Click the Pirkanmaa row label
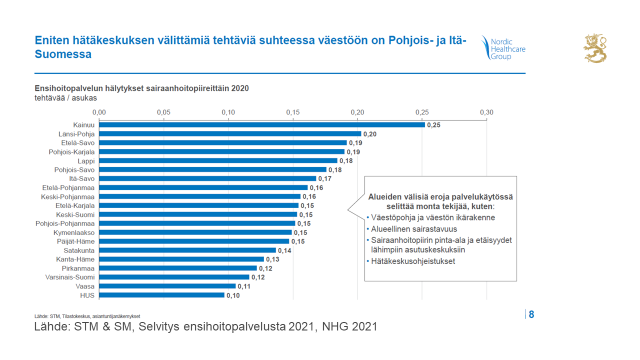click(x=78, y=268)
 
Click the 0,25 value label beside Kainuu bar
click(x=434, y=124)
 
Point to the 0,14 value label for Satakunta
click(x=283, y=250)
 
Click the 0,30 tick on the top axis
click(x=487, y=112)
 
